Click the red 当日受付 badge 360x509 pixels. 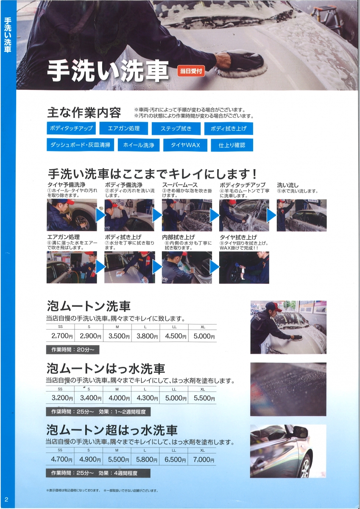(191, 71)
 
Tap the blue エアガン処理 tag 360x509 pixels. (123, 129)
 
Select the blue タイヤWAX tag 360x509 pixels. (185, 145)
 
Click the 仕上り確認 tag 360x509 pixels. (232, 145)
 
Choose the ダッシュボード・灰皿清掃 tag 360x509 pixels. (80, 145)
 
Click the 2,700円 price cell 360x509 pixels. (61, 336)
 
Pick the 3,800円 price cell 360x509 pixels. (146, 336)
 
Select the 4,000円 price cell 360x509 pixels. (117, 398)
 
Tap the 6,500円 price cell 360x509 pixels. (174, 459)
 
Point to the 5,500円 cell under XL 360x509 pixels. (202, 398)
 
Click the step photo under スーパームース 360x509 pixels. (187, 215)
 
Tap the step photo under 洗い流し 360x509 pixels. (301, 215)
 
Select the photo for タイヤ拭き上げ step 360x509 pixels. (244, 268)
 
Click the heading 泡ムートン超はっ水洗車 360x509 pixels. (112, 430)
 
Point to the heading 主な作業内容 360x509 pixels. (84, 112)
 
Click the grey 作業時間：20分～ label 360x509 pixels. (73, 350)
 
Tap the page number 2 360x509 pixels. (6, 499)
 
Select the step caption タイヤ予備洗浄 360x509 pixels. (66, 185)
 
